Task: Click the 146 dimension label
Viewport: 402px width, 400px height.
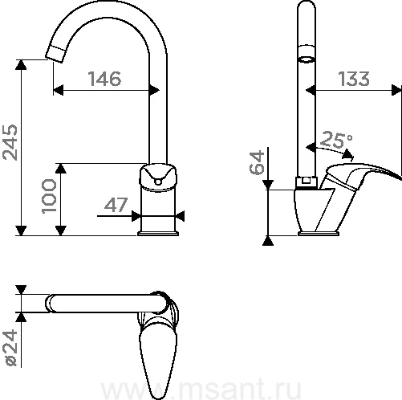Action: point(104,79)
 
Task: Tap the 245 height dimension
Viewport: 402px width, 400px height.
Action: point(10,142)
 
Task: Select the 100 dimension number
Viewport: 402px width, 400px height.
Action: point(49,196)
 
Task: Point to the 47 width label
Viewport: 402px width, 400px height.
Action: point(116,205)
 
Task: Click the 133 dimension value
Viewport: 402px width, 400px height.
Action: point(354,79)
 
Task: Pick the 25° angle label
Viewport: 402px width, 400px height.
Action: point(336,140)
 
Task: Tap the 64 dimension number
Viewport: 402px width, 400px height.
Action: point(257,162)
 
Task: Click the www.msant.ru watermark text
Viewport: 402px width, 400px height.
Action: point(201,390)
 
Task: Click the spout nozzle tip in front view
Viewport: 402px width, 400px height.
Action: point(55,55)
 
